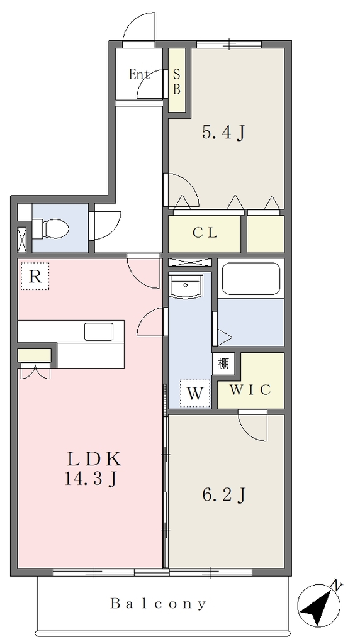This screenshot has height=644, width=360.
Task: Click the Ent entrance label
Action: [138, 75]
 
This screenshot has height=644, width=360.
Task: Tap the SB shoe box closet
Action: [177, 80]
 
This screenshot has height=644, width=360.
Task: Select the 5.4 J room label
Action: [223, 133]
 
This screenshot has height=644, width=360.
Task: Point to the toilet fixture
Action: [50, 228]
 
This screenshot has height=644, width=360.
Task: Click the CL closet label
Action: [205, 233]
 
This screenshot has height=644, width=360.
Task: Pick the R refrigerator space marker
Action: [35, 277]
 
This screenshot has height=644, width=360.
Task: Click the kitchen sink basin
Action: [99, 331]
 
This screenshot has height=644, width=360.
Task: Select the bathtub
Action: [250, 279]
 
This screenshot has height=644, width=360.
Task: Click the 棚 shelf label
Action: [223, 363]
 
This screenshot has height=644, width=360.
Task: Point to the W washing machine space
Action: [195, 394]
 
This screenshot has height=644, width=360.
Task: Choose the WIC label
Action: [250, 390]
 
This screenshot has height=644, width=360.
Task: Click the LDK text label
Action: [94, 459]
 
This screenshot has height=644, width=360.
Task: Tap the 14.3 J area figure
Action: [89, 479]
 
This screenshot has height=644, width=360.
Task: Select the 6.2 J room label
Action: [223, 496]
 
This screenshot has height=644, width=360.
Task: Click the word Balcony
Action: [158, 604]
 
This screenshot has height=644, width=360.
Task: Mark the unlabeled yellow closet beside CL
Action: [266, 234]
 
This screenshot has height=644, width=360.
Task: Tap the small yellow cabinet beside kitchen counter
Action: [34, 355]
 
